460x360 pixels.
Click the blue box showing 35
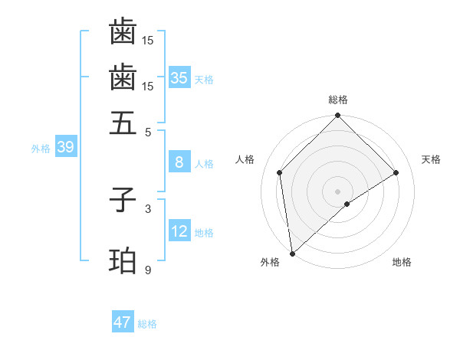[x=179, y=77]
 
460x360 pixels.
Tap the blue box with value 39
[x=65, y=148]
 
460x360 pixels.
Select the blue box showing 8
[x=179, y=162]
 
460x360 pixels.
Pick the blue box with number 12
[x=179, y=231]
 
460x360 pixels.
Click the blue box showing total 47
[x=123, y=322]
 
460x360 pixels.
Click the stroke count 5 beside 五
[x=148, y=131]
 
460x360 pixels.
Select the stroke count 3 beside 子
[x=148, y=208]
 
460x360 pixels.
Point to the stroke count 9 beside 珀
[x=148, y=270]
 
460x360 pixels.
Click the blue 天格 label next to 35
[x=204, y=79]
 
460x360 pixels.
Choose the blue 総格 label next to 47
[x=147, y=324]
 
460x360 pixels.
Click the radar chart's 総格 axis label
[x=338, y=100]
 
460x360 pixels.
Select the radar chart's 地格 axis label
[x=402, y=263]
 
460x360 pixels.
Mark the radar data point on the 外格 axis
[x=292, y=254]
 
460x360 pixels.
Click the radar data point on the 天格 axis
[x=396, y=172]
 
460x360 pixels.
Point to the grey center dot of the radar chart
[x=338, y=191]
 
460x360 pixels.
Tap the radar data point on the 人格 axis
[x=280, y=172]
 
